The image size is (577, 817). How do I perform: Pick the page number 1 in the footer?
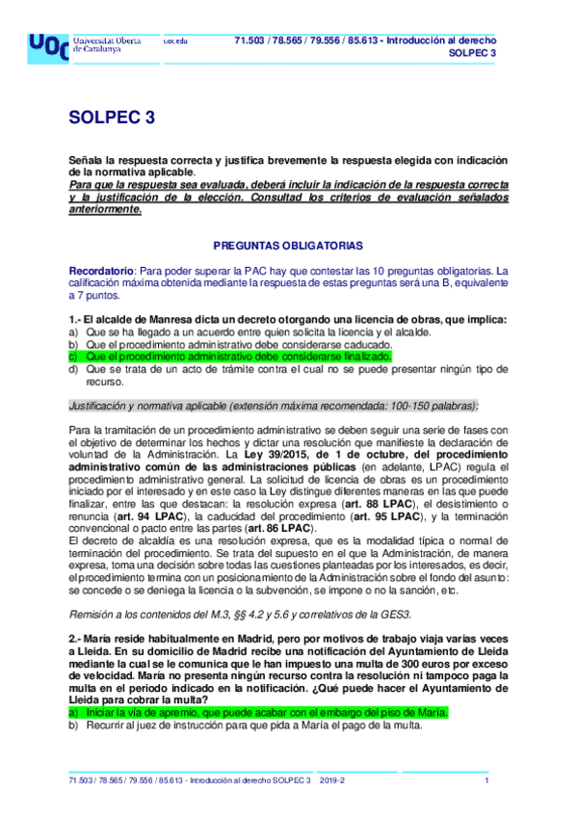click(487, 780)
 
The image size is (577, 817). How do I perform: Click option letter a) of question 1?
click(73, 331)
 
